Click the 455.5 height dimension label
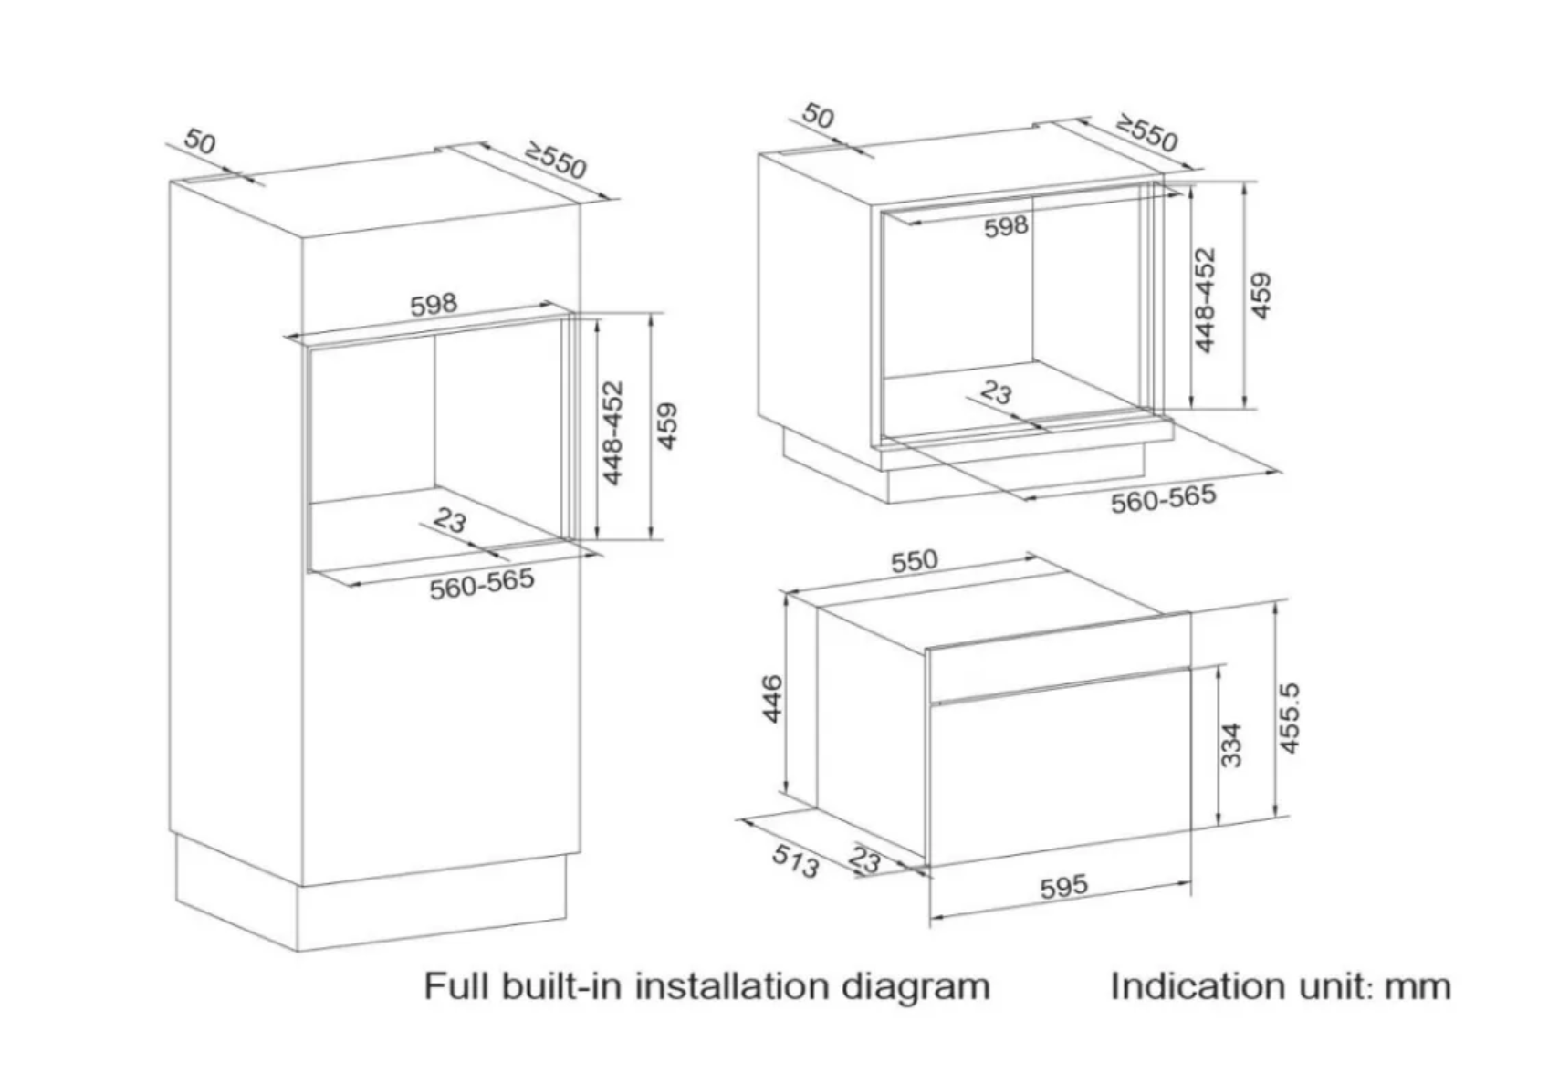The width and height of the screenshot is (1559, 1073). click(1289, 719)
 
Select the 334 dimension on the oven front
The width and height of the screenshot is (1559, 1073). click(1231, 745)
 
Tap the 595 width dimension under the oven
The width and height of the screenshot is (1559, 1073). click(1063, 886)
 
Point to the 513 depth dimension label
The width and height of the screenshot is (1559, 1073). click(795, 860)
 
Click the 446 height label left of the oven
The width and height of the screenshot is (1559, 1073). click(772, 698)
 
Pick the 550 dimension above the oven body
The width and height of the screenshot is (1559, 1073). click(914, 560)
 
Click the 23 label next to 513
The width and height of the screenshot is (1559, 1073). click(864, 859)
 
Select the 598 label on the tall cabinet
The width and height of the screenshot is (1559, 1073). click(433, 304)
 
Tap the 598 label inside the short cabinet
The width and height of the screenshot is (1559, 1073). click(1006, 226)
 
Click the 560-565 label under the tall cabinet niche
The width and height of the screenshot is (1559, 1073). click(481, 584)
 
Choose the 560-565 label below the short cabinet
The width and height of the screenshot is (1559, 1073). click(1163, 498)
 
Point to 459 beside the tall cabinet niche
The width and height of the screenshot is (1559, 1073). click(668, 425)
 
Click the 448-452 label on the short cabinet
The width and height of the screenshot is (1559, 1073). click(1206, 300)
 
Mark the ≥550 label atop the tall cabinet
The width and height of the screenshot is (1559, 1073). click(555, 161)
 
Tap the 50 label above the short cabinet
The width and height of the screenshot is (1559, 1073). click(818, 116)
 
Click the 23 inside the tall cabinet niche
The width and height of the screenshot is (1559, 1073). click(449, 520)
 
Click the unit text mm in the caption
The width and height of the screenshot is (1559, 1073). click(1417, 987)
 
